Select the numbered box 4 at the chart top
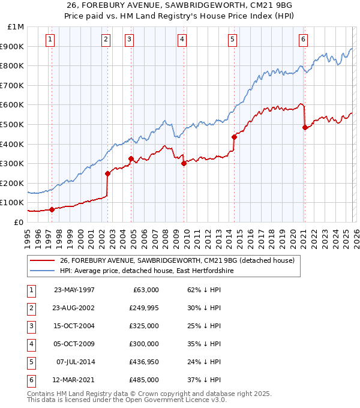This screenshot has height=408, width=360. click(181, 40)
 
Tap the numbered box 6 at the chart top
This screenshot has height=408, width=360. click(303, 40)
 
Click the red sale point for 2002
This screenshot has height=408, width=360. click(108, 174)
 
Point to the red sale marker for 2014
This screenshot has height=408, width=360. click(234, 137)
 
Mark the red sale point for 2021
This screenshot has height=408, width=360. click(305, 127)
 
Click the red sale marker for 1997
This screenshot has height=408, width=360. click(52, 209)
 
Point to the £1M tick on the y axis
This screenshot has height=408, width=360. click(16, 27)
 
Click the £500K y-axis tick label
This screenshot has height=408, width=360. click(13, 125)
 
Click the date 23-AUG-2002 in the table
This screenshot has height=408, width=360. click(74, 308)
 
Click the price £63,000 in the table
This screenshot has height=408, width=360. click(145, 290)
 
